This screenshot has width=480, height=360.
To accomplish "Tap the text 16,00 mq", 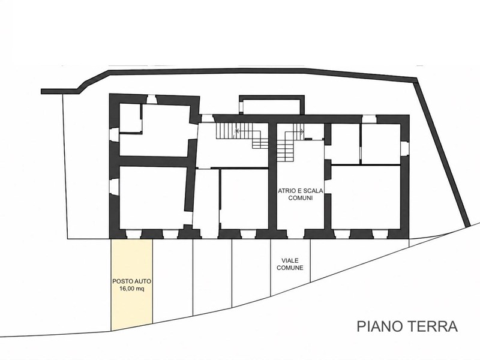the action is pos(131,289).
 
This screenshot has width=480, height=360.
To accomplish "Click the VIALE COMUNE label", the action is pos(290,264).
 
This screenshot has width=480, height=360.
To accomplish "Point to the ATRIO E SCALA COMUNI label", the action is pos(301,194).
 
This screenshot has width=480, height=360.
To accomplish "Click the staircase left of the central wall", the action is pos(242,136).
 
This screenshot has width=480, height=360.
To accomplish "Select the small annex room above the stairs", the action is pos(271,106).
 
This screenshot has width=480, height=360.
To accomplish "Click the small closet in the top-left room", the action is pos(130,118).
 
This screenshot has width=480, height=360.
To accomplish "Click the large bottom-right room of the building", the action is pos(365,197).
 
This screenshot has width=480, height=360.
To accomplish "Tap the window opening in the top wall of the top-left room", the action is pos(152,100).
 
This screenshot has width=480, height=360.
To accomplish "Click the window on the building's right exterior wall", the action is pos(404,149).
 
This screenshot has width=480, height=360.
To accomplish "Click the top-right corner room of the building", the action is pos(381,143).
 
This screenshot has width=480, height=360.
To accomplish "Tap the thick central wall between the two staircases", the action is pos(273,176).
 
